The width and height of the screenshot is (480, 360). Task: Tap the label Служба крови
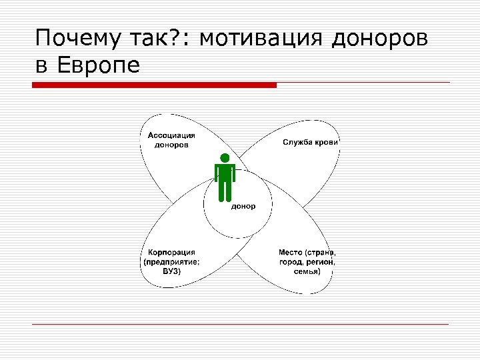[311, 142]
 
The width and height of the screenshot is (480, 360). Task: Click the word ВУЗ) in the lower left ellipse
[171, 271]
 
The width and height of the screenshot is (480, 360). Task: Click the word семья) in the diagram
[308, 271]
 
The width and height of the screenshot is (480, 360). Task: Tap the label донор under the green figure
[243, 206]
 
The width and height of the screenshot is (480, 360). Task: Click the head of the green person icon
[225, 157]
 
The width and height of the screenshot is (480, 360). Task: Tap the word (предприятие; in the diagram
[171, 262]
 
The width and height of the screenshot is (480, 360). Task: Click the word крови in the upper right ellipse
[327, 142]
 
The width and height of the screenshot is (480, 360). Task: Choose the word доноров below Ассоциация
[171, 144]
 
